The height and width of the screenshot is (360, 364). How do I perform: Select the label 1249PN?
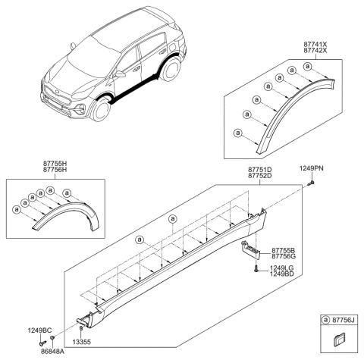tap(311, 169)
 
